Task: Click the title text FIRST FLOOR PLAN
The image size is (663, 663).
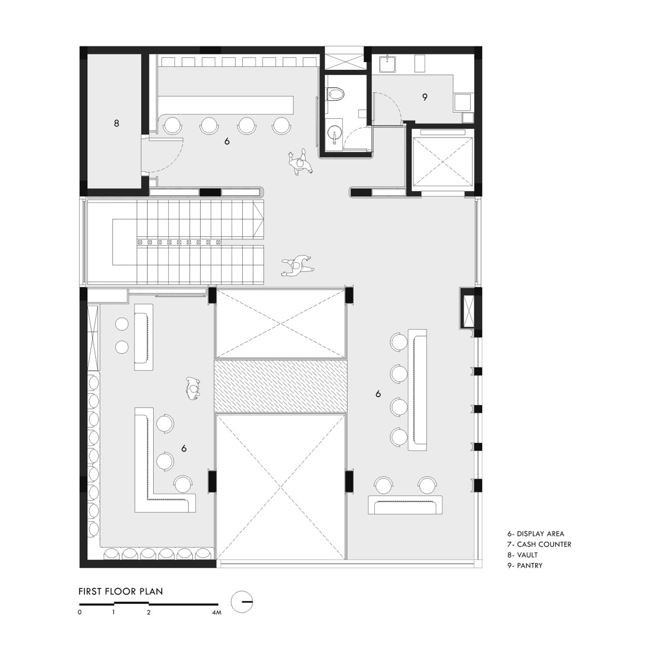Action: click(x=121, y=591)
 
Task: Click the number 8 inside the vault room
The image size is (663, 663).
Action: click(x=116, y=123)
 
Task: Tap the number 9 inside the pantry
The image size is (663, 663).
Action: click(x=424, y=96)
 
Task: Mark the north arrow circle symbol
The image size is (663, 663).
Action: click(x=242, y=600)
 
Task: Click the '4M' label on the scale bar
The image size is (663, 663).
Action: click(x=217, y=613)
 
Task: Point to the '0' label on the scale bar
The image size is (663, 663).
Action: click(x=80, y=613)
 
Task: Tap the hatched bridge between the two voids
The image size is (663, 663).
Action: click(x=281, y=386)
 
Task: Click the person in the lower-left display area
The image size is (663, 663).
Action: click(x=192, y=388)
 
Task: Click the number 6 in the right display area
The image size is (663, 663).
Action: click(x=378, y=394)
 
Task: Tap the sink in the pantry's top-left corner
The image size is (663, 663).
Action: click(x=388, y=62)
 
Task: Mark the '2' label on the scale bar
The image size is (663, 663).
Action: click(x=148, y=613)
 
